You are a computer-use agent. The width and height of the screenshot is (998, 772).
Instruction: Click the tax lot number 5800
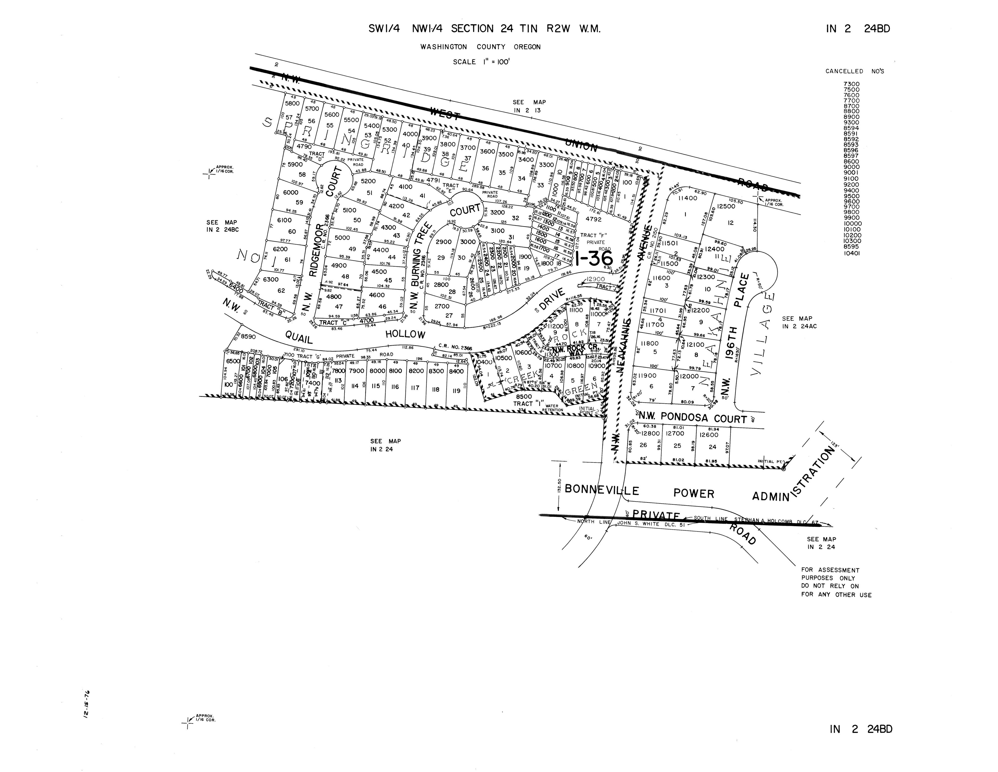click(x=292, y=104)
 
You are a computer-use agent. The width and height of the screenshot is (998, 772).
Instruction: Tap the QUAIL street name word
click(x=299, y=337)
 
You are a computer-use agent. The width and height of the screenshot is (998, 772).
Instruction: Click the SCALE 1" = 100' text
click(x=481, y=62)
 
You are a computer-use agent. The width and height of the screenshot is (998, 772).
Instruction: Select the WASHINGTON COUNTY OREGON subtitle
click(x=481, y=47)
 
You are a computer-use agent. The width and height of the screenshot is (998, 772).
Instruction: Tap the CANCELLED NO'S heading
click(x=854, y=71)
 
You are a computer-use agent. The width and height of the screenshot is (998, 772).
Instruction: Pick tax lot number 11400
click(x=687, y=198)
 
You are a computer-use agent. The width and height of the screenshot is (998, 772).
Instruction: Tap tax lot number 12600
click(x=709, y=435)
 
